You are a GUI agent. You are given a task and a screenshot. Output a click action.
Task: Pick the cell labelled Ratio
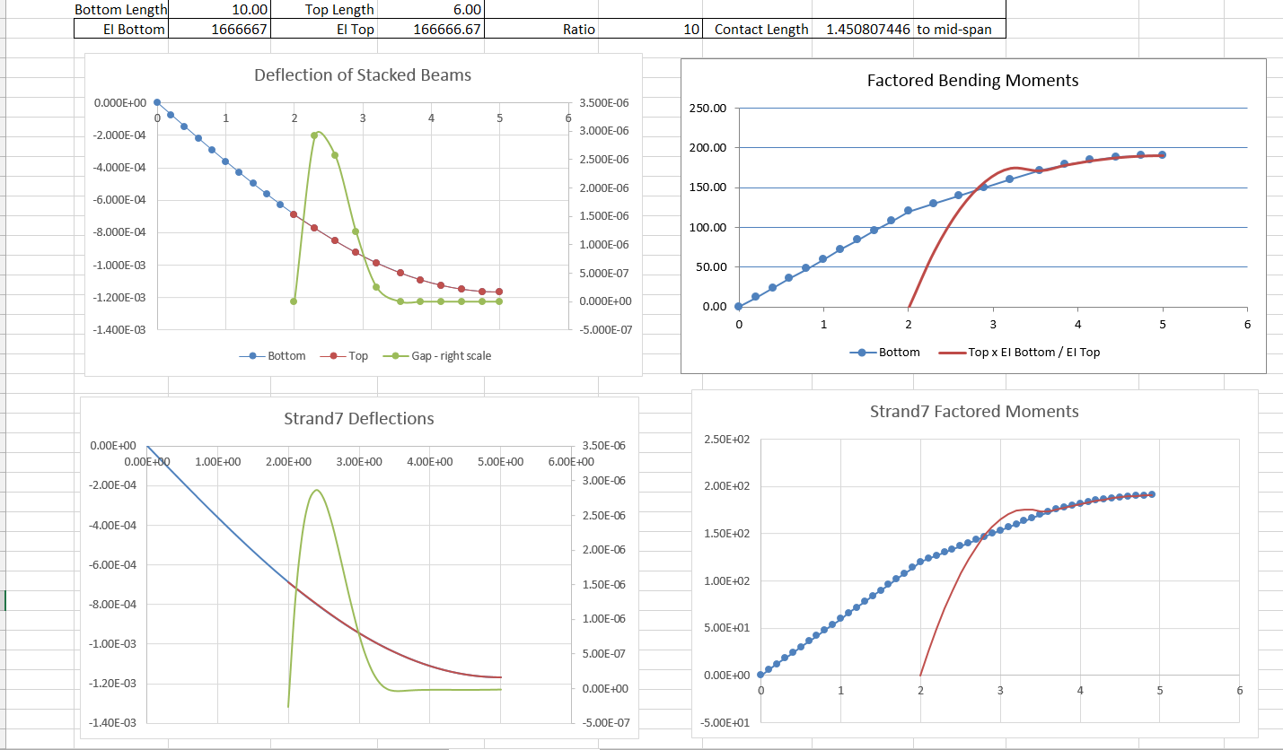pyautogui.click(x=578, y=29)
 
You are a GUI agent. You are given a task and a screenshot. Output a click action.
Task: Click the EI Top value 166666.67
pyautogui.click(x=447, y=29)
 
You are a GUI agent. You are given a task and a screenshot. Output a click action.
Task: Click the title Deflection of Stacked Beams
pyautogui.click(x=363, y=75)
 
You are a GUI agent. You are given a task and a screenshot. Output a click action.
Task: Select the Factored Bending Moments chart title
pyautogui.click(x=972, y=81)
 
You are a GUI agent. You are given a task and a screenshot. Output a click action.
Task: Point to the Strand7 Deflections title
pyautogui.click(x=358, y=419)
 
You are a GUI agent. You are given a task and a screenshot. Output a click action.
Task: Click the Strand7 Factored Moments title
pyautogui.click(x=974, y=412)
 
